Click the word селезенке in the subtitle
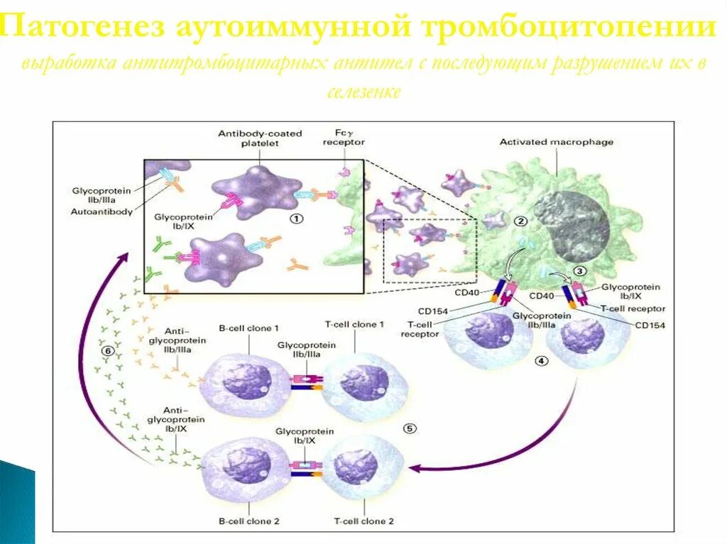coord(364,92)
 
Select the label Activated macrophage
coord(556,142)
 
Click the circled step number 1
coord(296,218)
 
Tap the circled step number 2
coord(521,221)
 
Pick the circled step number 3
coord(579,270)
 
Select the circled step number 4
coord(542,360)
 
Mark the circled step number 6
coord(107,350)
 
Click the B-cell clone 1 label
coord(248,328)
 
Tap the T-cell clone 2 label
coord(364,521)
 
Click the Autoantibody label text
coord(101,211)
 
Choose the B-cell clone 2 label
coord(249,521)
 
